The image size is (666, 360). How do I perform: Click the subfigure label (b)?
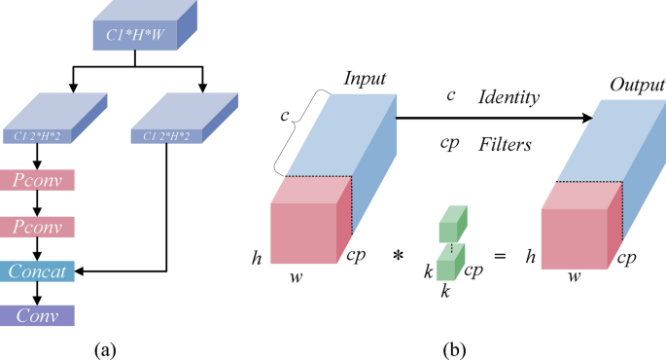click(454, 346)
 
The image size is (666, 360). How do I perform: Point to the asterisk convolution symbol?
click(398, 255)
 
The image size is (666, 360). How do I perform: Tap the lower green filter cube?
click(447, 261)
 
